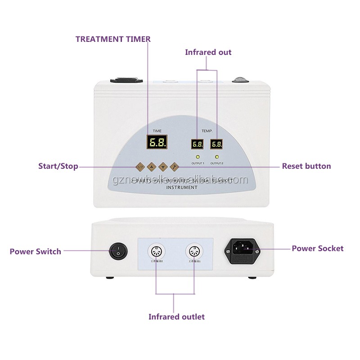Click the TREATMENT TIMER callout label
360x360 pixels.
point(113,39)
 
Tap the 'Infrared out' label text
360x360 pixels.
point(208,52)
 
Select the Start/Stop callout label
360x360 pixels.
point(58,166)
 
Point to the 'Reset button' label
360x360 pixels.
point(306,166)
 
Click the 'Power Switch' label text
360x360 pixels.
point(36,252)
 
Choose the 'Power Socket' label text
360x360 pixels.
point(317,248)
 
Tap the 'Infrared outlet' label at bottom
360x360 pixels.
point(176,317)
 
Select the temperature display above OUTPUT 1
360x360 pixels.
point(197,144)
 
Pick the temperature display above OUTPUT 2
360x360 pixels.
point(217,144)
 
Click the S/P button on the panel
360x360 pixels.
point(140,166)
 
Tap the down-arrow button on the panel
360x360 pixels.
point(163,166)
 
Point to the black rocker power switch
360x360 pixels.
point(118,251)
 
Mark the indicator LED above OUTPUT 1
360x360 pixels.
point(197,157)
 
